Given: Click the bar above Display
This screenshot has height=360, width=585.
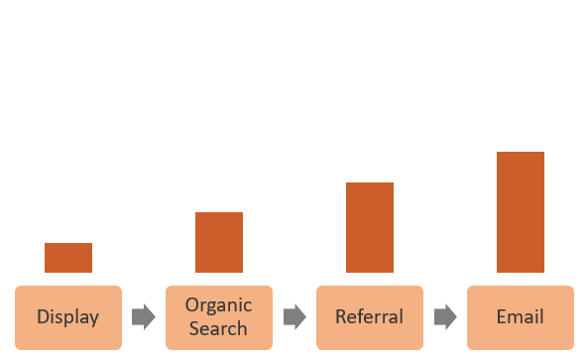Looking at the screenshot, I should pos(68,258).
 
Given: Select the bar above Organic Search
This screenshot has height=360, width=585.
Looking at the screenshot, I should pos(219,242).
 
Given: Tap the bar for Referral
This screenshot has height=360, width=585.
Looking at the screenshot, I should pos(370,227).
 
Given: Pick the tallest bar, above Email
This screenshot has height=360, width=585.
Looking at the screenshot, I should pos(521,211).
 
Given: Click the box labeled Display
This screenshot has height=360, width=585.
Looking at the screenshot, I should pos(68,317).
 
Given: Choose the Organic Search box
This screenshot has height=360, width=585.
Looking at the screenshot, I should pos(219,317).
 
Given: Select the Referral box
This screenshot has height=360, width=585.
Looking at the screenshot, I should pos(370,317).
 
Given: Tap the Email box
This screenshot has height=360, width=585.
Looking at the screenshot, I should pos(521,317).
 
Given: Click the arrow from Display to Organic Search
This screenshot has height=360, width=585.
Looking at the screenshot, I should pos(144,317).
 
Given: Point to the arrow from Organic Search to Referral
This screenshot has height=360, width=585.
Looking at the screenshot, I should pos(294,317).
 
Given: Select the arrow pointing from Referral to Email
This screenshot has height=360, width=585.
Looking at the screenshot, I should pos(445,317).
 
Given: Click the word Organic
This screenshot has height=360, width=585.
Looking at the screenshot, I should pos(219,306).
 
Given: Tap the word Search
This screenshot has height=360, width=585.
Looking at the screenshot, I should pos(218,328).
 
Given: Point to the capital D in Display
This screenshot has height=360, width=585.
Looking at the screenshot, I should pos(43,317).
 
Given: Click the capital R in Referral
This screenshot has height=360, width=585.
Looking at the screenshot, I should pos(340,317).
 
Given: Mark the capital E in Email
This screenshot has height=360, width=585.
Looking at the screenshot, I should pos(501,317).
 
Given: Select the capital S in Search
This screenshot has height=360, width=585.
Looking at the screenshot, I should pos(193,328).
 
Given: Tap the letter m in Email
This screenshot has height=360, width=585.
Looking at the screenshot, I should pos(517,318).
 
